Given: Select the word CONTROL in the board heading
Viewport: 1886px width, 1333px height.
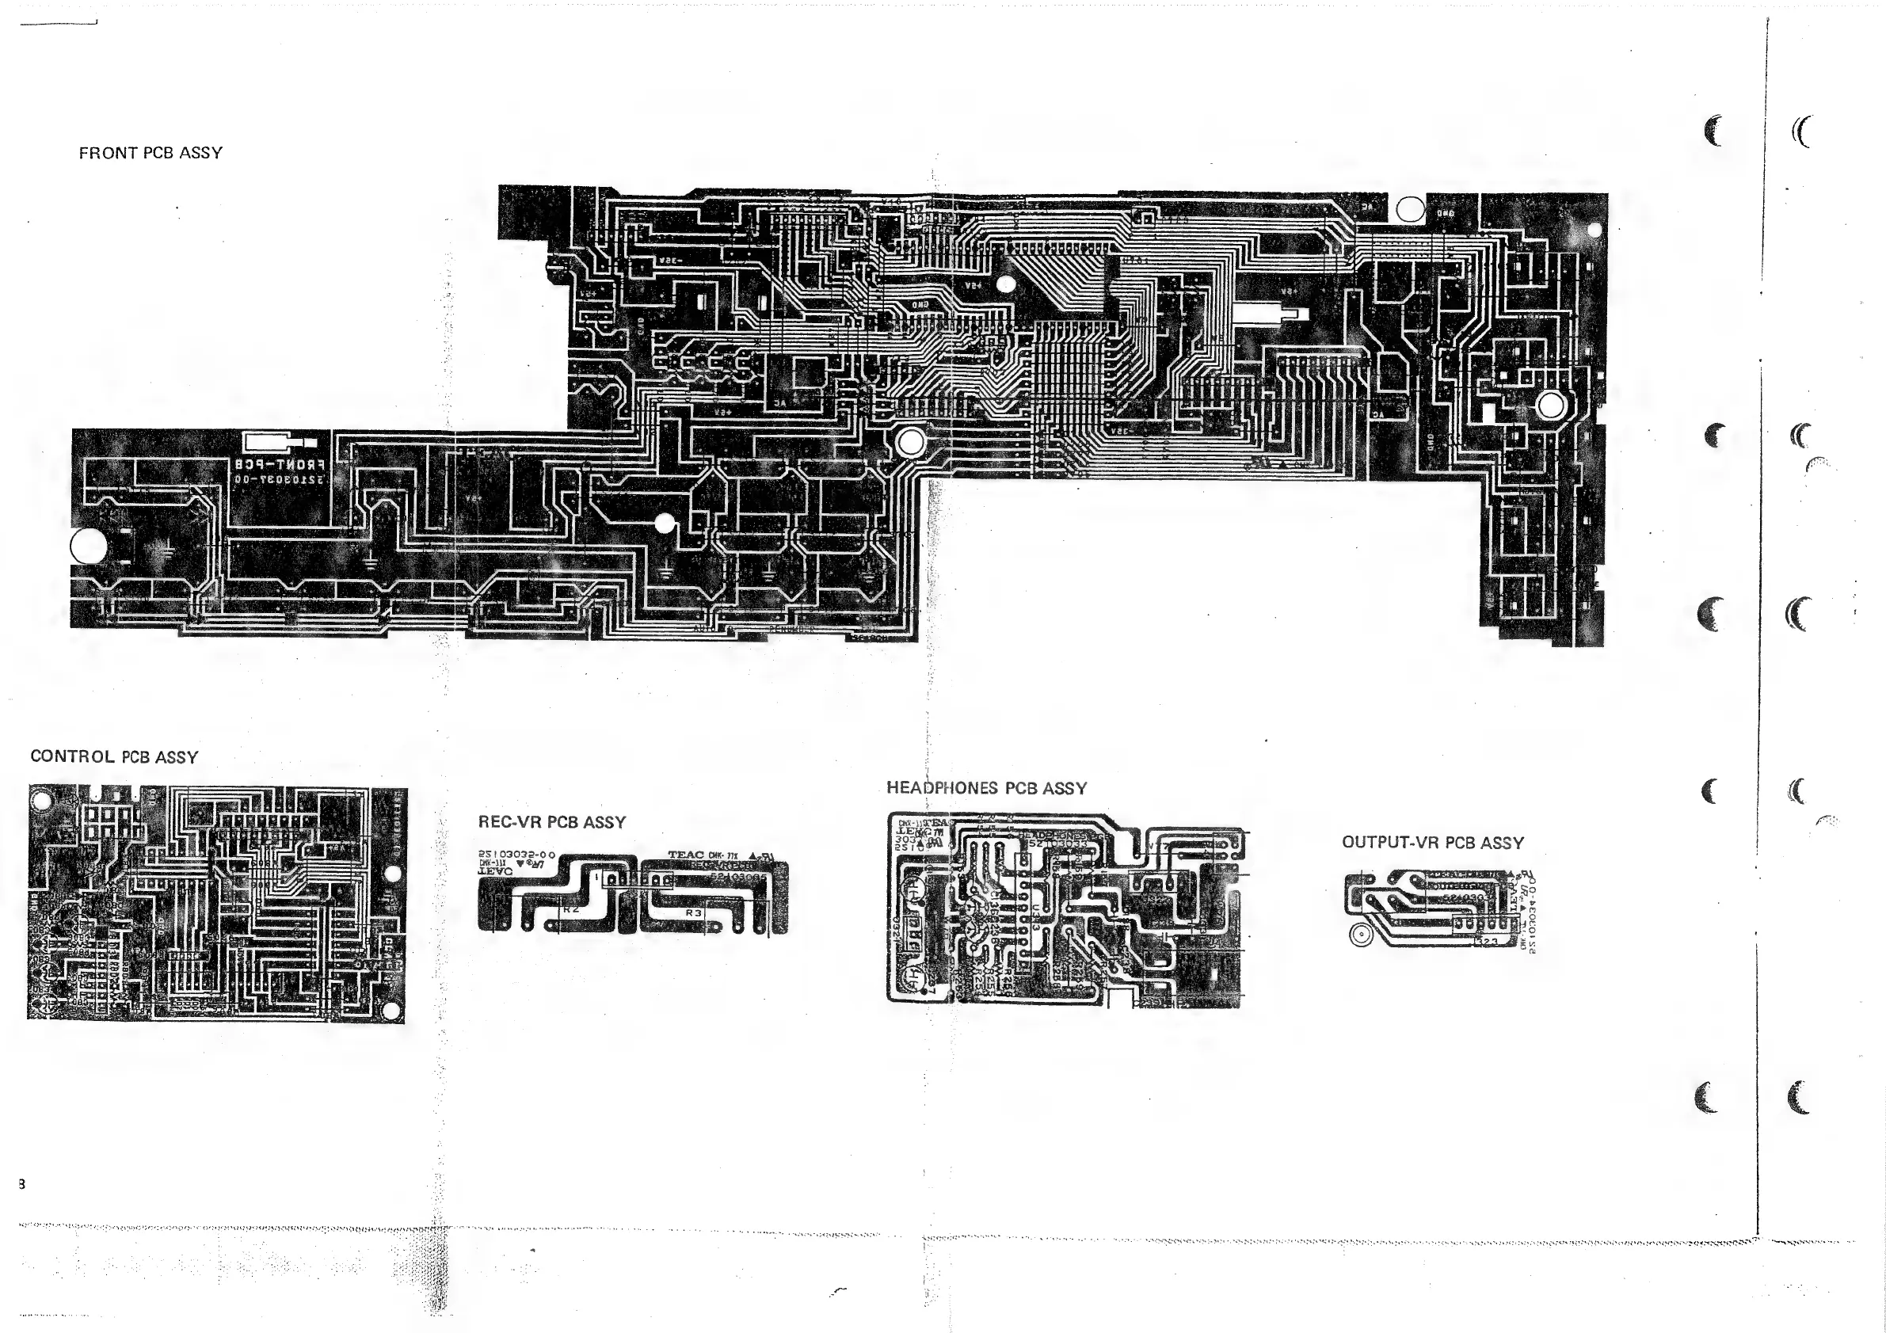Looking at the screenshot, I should [x=72, y=756].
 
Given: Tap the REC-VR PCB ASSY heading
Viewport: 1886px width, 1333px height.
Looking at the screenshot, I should [x=551, y=822].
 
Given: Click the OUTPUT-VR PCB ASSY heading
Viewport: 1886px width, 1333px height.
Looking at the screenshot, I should [x=1433, y=843].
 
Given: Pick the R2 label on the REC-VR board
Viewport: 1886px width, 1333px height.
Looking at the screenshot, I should [x=571, y=909].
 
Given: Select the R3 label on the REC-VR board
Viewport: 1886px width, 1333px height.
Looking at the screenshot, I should [x=694, y=912].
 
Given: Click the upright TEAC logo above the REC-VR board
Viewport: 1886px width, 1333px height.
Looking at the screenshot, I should [x=686, y=855].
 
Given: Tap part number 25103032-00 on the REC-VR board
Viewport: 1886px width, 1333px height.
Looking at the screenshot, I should [x=516, y=855].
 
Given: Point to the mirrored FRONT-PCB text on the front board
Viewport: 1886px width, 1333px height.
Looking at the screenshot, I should [x=280, y=465].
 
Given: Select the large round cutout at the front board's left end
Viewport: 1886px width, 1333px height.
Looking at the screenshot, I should [x=89, y=546].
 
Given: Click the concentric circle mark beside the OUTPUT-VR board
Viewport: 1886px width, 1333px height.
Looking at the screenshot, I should [x=1360, y=934].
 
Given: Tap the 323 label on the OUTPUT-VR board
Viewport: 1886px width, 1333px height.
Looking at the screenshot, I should [x=1488, y=941].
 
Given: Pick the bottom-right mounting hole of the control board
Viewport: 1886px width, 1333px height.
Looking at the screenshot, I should [x=392, y=1009].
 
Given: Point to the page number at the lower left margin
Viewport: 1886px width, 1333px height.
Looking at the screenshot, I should [x=21, y=1183].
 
